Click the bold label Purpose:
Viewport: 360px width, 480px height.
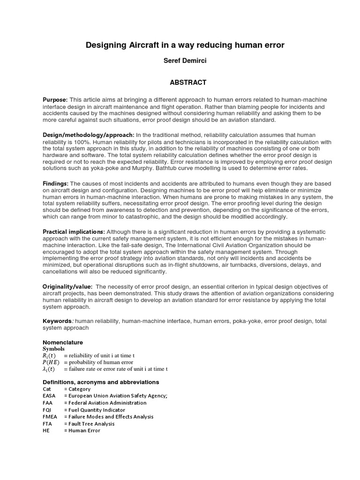point(55,100)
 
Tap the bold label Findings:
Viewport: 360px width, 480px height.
point(56,184)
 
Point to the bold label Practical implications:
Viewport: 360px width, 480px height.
point(74,232)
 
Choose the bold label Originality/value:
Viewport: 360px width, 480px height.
point(67,286)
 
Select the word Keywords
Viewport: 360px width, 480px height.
point(57,321)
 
